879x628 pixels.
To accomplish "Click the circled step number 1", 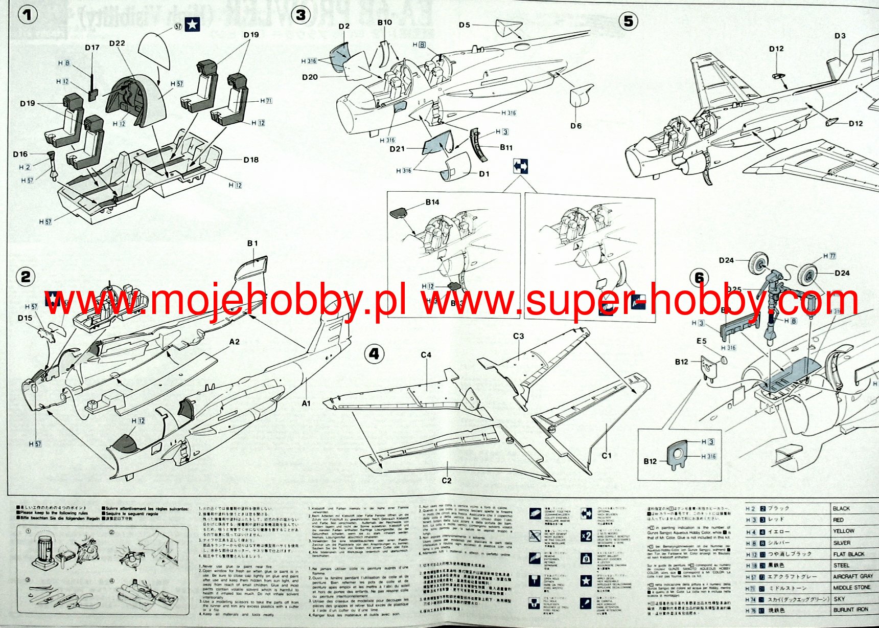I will [x=28, y=15].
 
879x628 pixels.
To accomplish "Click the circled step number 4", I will [x=374, y=354].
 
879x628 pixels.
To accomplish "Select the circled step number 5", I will [x=629, y=21].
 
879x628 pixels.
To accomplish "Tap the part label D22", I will [x=117, y=43].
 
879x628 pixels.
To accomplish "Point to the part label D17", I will [x=92, y=48].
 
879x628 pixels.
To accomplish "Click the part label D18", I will [x=251, y=160].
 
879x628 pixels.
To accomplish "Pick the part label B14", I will [x=432, y=203].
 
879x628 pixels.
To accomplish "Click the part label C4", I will [x=426, y=355].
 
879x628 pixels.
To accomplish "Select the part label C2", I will [x=447, y=481].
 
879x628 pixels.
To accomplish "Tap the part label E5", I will [x=701, y=341].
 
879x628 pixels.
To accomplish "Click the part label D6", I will [x=576, y=126].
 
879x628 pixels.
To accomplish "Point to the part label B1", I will [x=252, y=243].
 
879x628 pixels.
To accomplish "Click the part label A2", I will [x=234, y=342].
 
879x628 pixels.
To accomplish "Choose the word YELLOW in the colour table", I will [x=843, y=531].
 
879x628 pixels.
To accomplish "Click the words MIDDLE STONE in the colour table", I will [x=851, y=588].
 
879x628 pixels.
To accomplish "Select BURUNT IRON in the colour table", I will [x=851, y=610].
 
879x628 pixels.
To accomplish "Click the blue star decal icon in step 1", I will [x=192, y=25].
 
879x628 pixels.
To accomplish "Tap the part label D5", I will [x=464, y=25].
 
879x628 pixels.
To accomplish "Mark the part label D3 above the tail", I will [x=840, y=36].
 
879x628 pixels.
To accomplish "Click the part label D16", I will [x=20, y=154].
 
